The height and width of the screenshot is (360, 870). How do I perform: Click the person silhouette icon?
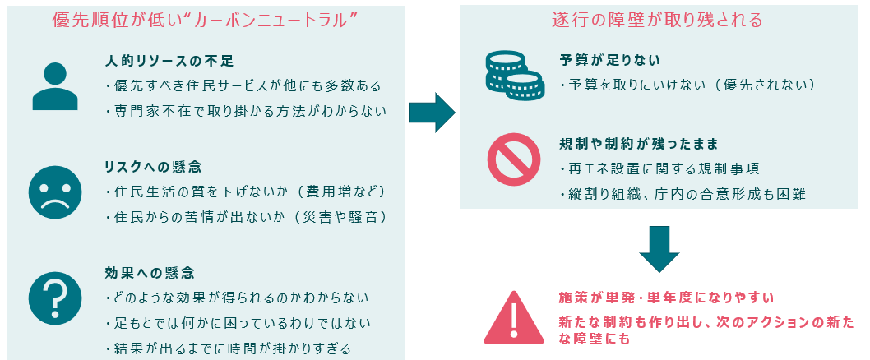pyautogui.click(x=55, y=86)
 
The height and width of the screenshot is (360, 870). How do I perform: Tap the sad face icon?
pyautogui.click(x=55, y=192)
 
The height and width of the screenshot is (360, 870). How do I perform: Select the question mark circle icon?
pyautogui.click(x=55, y=297)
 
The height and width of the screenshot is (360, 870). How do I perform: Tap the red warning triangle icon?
pyautogui.click(x=511, y=316)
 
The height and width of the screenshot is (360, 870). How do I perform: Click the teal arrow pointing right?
pyautogui.click(x=432, y=113)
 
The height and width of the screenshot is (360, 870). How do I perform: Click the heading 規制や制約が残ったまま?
pyautogui.click(x=638, y=145)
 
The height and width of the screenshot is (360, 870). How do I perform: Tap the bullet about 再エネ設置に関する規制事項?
pyautogui.click(x=658, y=169)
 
